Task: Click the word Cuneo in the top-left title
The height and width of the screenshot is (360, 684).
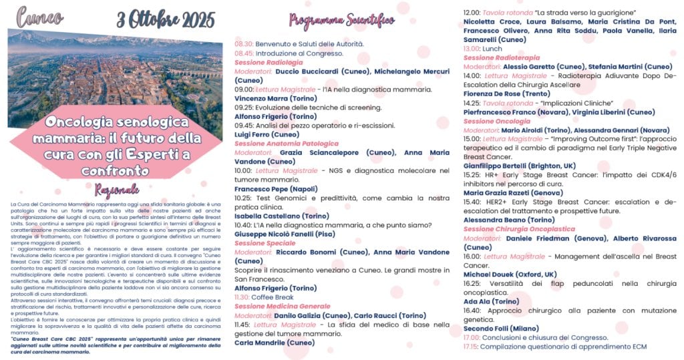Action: (40, 15)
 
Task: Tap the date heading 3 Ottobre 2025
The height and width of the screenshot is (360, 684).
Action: (166, 16)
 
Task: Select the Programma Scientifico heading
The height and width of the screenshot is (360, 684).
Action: (341, 20)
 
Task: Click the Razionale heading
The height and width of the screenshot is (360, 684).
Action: (117, 189)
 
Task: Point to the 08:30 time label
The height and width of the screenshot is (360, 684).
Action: (243, 44)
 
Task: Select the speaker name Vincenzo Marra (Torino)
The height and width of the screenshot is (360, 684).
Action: (271, 98)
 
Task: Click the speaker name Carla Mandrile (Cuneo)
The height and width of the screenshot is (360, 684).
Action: (274, 343)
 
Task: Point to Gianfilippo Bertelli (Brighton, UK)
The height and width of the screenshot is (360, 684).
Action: (519, 166)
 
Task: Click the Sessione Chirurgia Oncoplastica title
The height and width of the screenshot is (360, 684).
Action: (519, 229)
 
